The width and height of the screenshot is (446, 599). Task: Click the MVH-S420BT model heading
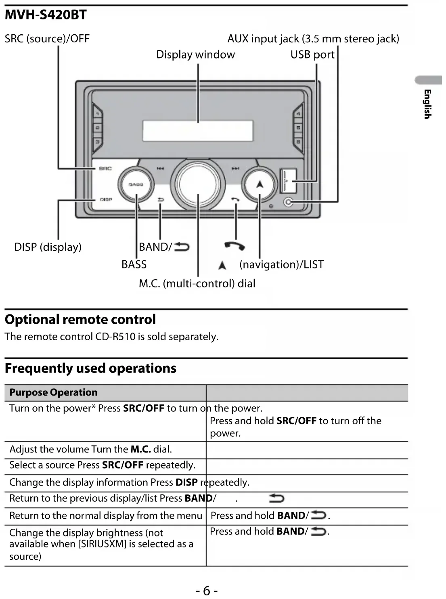[46, 15]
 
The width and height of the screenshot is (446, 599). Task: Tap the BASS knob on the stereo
[136, 184]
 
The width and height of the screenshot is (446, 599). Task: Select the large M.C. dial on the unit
[197, 184]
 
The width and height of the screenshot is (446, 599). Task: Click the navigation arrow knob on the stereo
[260, 185]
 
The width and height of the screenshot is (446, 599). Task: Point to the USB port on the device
[288, 180]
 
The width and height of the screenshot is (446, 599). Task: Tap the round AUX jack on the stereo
[288, 202]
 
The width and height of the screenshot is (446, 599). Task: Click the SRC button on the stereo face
[105, 168]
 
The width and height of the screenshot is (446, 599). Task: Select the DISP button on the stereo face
[105, 199]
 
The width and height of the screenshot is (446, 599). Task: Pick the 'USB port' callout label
[312, 54]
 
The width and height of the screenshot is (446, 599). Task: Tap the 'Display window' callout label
[195, 54]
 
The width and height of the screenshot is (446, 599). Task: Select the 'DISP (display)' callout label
[48, 247]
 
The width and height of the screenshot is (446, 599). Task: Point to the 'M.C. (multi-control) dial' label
[197, 283]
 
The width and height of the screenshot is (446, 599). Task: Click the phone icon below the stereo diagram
[234, 245]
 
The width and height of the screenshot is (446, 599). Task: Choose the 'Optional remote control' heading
[80, 320]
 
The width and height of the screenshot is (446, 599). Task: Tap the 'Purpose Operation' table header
[53, 392]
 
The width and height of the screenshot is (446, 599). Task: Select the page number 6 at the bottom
[207, 591]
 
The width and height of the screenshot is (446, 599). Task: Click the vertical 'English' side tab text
[427, 104]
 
